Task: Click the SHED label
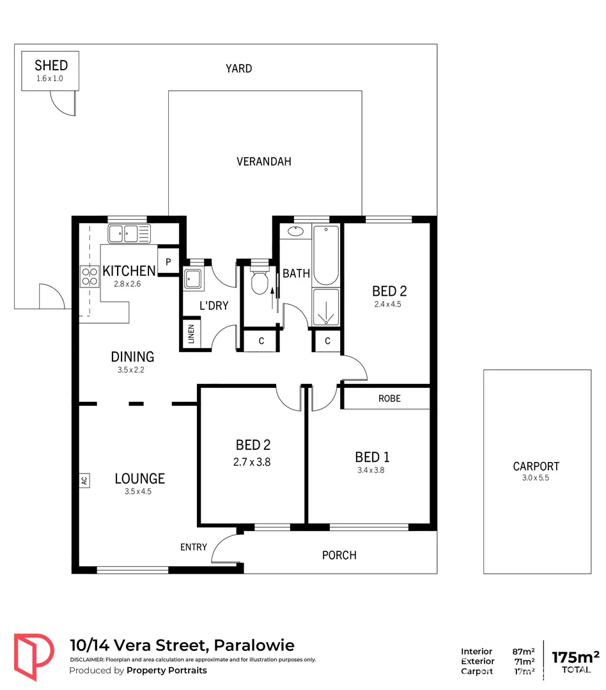click(x=50, y=65)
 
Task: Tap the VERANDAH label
click(x=263, y=162)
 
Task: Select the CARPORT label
click(x=536, y=466)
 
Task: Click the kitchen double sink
click(x=128, y=233)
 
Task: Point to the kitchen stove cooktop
click(x=88, y=275)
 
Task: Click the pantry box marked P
click(x=168, y=261)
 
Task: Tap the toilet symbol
click(x=259, y=281)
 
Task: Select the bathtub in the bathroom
click(x=326, y=255)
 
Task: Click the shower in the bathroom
click(x=326, y=308)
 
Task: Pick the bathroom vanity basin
click(x=295, y=231)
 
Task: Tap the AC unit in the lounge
click(x=84, y=480)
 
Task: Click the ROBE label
click(x=389, y=398)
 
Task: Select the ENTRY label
click(x=193, y=547)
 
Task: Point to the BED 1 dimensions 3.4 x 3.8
click(x=372, y=470)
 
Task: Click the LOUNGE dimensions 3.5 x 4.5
click(x=139, y=491)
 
